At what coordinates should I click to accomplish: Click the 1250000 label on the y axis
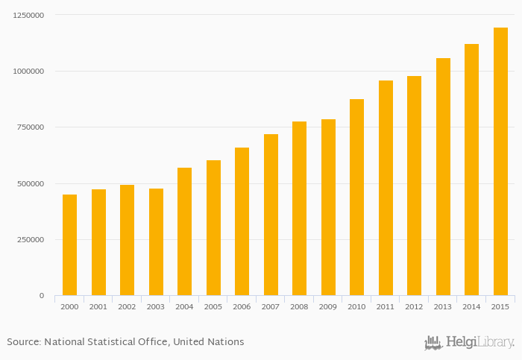click(27, 15)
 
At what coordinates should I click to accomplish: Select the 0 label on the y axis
click(41, 296)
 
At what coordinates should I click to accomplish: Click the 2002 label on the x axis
click(127, 306)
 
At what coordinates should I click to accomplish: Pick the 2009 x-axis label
click(328, 306)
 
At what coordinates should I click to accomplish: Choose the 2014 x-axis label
click(471, 306)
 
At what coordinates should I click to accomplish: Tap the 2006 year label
click(242, 306)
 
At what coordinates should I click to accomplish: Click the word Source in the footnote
click(23, 342)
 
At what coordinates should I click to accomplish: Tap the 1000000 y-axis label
click(27, 72)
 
